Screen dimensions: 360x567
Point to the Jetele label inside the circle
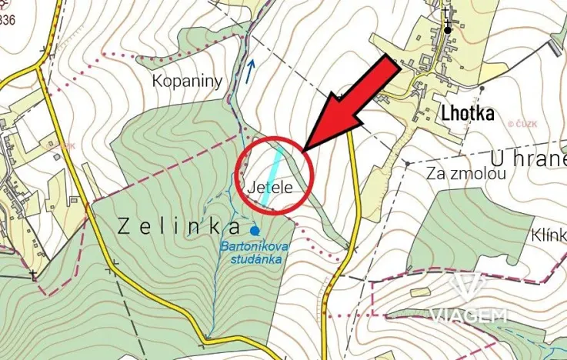pos(268,186)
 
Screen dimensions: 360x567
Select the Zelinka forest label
pos(178,226)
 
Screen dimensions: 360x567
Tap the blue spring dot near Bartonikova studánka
pos(255,229)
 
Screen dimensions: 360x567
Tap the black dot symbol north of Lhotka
pos(448,30)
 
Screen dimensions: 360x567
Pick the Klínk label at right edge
pos(548,235)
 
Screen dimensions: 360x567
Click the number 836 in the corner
pos(8,20)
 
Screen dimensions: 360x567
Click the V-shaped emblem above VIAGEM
pos(468,288)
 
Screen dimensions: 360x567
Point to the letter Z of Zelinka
pos(125,226)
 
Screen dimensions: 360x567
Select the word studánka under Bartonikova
pos(257,259)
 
